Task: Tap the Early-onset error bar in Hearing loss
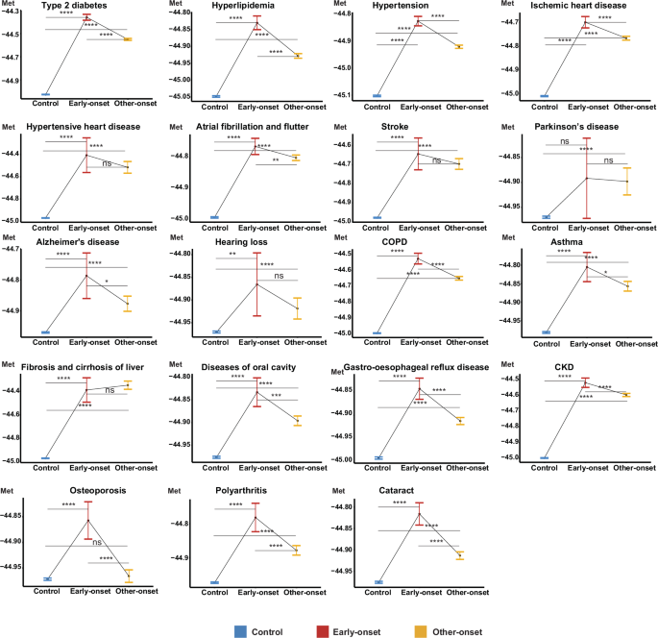pyautogui.click(x=256, y=284)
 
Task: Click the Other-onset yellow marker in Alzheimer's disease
pyautogui.click(x=128, y=304)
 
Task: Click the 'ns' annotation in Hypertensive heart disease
pyautogui.click(x=108, y=164)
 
